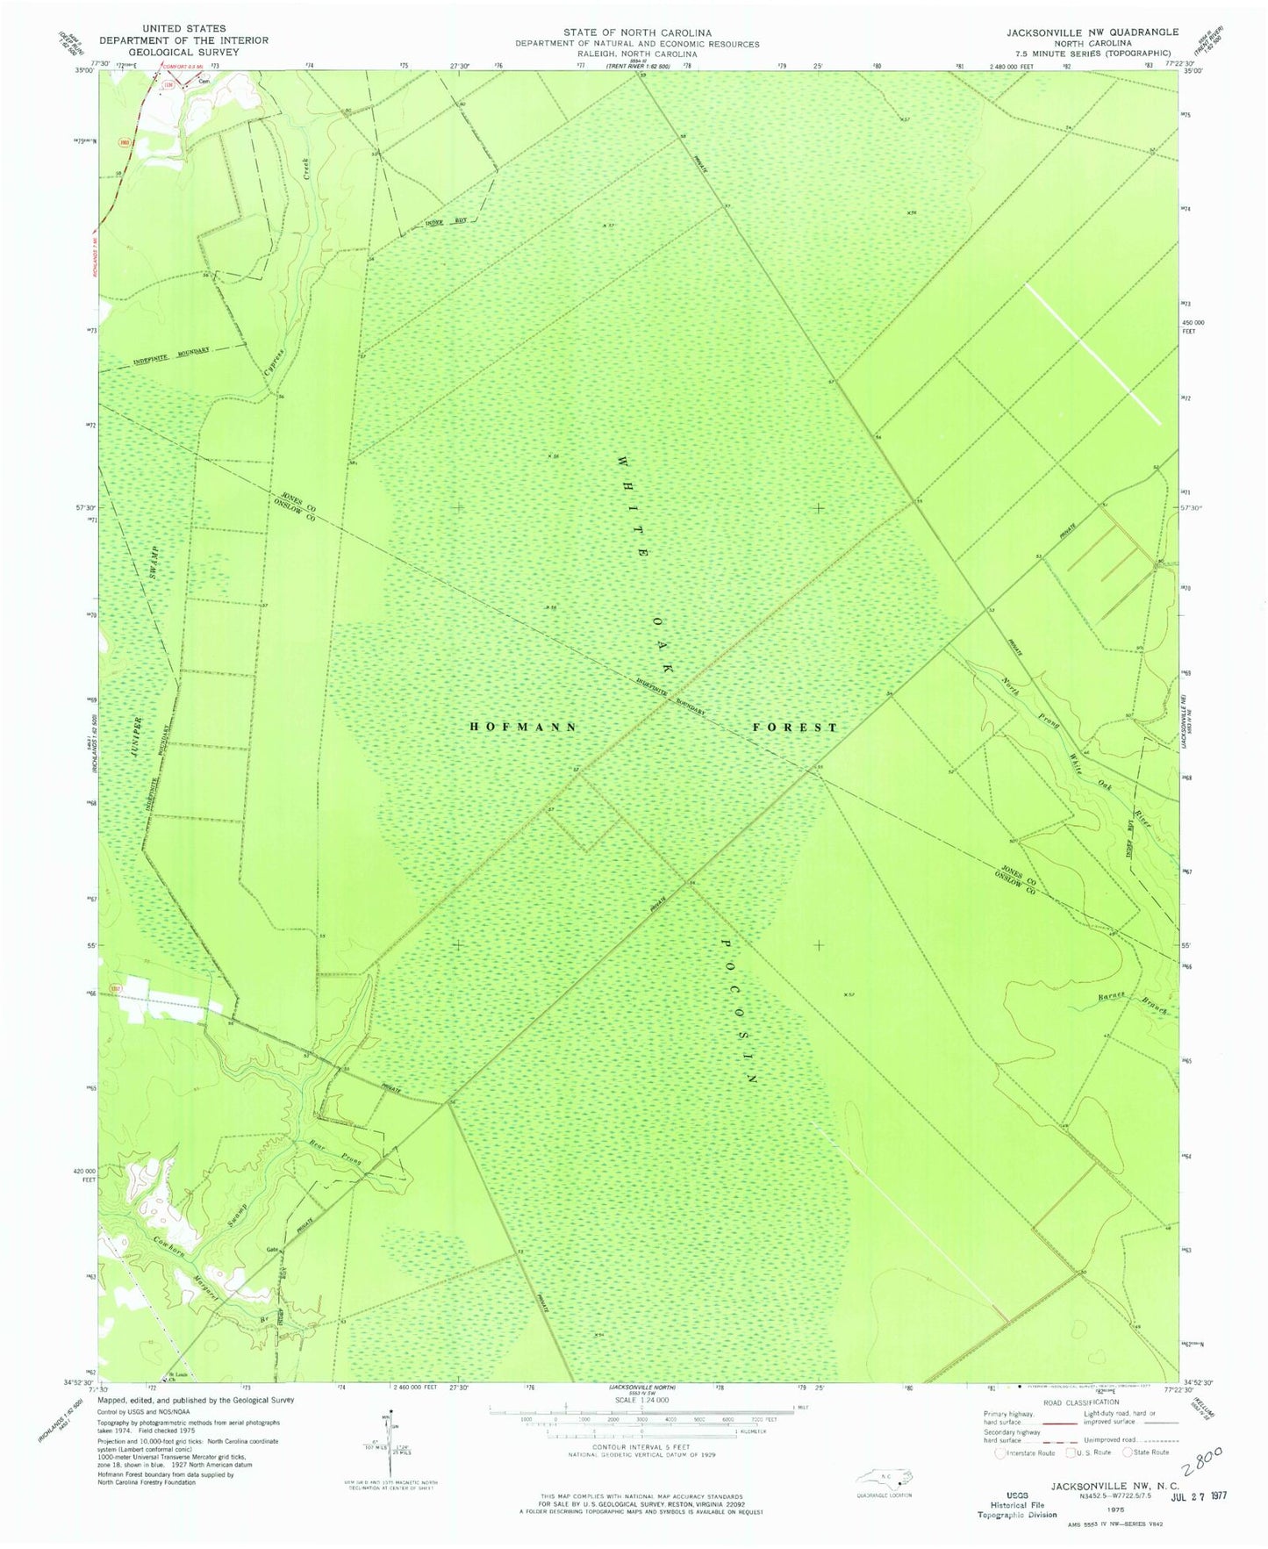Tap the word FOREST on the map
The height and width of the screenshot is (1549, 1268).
click(795, 727)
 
